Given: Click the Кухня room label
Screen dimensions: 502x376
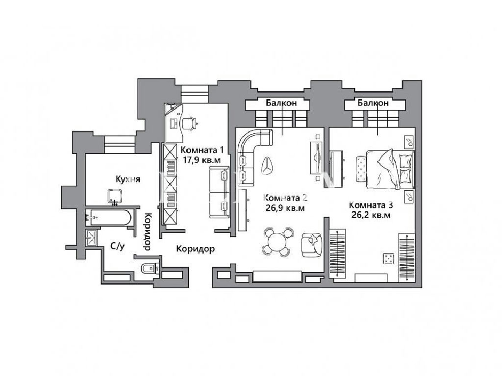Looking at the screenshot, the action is [x=128, y=179].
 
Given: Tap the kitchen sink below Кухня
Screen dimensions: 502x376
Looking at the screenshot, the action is [x=115, y=197].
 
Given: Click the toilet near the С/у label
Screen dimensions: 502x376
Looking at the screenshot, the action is [x=148, y=268].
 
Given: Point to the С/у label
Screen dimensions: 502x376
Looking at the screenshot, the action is [x=117, y=246].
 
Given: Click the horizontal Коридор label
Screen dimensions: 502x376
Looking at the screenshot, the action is [x=196, y=249].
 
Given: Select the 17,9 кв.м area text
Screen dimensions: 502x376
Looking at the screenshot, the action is [x=201, y=159].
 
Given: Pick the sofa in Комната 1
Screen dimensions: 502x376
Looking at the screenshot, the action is [x=220, y=192].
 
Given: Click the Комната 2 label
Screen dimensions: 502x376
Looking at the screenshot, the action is [x=285, y=198].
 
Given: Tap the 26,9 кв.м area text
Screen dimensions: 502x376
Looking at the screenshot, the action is [x=285, y=208].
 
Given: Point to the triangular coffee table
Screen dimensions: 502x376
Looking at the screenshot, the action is [x=268, y=165].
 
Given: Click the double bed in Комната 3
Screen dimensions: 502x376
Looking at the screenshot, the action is [x=390, y=170].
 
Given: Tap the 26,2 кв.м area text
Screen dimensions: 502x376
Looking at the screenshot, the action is [x=371, y=215].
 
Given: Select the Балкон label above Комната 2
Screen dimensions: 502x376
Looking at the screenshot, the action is [x=281, y=103].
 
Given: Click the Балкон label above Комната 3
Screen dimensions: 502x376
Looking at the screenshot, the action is [x=373, y=103].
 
